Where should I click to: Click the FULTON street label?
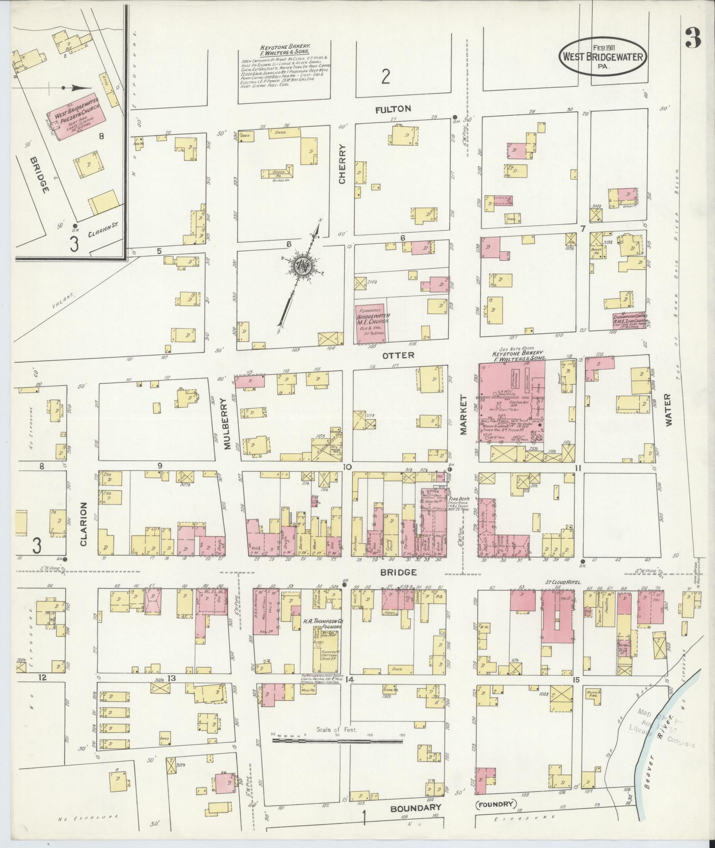click(393, 109)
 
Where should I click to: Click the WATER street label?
click(668, 410)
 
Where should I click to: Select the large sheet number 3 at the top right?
click(693, 39)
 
